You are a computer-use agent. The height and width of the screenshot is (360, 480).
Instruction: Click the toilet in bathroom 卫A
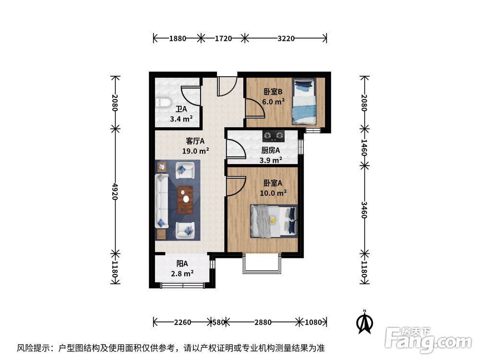click(163, 102)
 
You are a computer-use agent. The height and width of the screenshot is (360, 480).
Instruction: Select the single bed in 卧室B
click(304, 102)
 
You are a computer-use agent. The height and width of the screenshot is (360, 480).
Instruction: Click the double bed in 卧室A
click(273, 221)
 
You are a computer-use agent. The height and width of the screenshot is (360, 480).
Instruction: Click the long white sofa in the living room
click(162, 201)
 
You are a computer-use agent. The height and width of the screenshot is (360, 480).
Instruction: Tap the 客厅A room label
click(195, 141)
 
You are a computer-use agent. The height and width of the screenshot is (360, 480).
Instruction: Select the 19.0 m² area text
click(195, 151)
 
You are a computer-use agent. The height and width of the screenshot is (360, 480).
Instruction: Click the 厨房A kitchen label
click(267, 150)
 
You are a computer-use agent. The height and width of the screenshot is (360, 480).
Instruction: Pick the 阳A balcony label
click(182, 264)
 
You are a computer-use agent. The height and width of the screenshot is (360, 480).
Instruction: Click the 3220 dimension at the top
click(286, 38)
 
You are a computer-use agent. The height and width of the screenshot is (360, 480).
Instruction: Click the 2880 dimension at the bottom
click(263, 322)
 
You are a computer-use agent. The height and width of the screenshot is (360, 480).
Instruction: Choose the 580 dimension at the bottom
click(218, 322)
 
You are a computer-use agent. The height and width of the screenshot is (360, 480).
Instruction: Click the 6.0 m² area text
click(274, 101)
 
